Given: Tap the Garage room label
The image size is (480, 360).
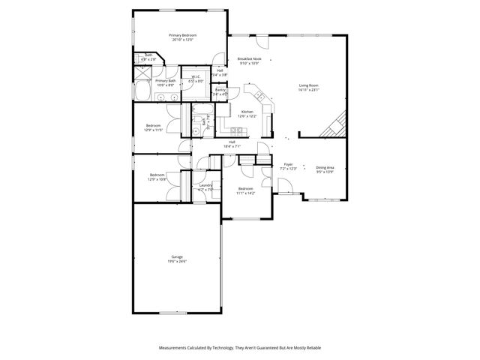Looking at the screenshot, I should pyautogui.click(x=177, y=257).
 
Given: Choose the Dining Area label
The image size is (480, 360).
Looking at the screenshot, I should pyautogui.click(x=325, y=169).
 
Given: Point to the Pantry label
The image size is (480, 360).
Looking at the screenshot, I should pyautogui.click(x=220, y=91).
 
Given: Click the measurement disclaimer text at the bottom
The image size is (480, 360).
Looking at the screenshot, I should pyautogui.click(x=240, y=348).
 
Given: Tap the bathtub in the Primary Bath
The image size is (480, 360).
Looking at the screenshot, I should pyautogui.click(x=142, y=91).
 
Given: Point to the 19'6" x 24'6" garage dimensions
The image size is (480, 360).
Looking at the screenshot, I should pyautogui.click(x=177, y=262).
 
